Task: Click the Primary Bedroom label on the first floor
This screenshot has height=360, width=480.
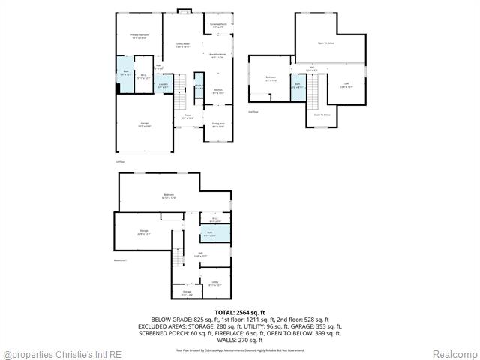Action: coord(139,36)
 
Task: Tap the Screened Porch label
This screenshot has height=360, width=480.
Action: coord(218,26)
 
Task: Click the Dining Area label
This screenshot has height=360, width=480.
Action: coord(218,125)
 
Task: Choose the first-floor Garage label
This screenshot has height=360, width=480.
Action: coord(144,125)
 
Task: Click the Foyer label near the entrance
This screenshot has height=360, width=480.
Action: coord(187,117)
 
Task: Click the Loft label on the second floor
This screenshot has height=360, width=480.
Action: coord(346,85)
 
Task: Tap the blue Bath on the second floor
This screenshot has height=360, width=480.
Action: coord(298,85)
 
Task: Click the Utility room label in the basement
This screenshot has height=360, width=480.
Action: coord(214,283)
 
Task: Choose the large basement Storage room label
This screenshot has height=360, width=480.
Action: coord(143,232)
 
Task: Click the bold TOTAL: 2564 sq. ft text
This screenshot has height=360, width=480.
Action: coord(240,312)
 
